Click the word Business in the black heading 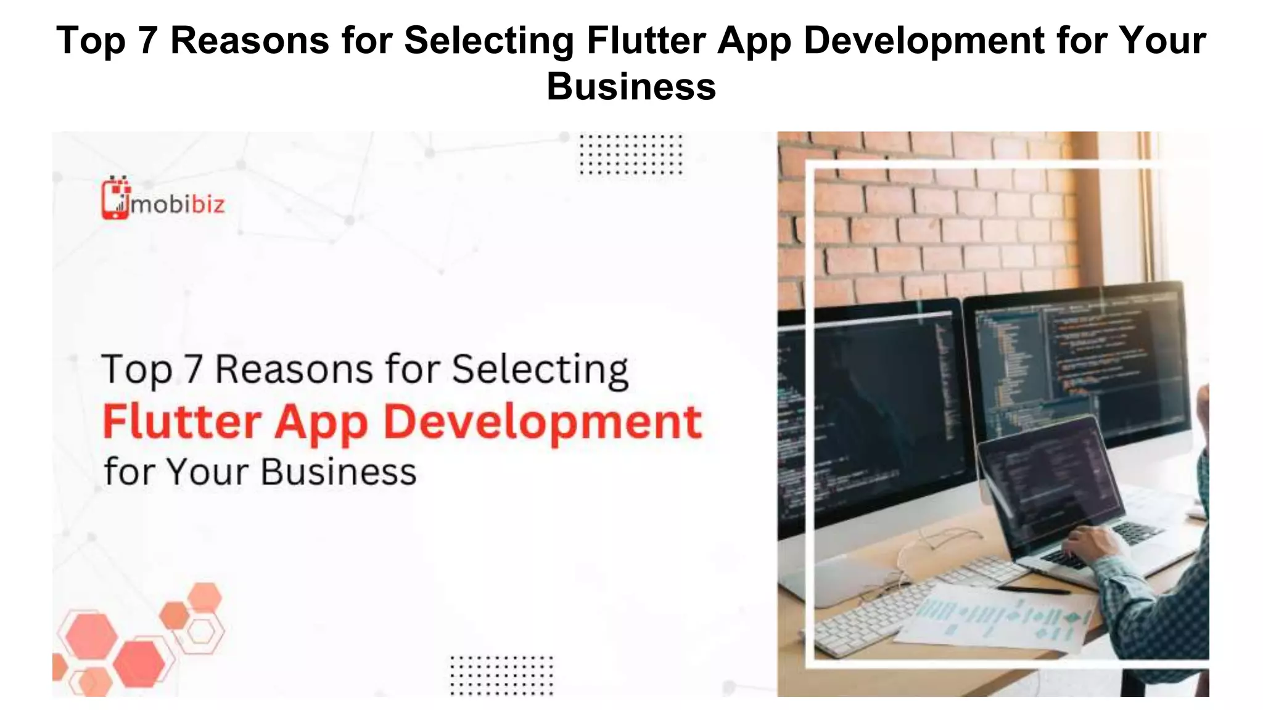coord(631,86)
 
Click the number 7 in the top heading coord(147,41)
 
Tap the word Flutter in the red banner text coord(182,422)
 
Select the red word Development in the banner coord(543,422)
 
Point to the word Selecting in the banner coord(540,370)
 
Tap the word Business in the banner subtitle coord(338,472)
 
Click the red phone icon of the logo coord(115,198)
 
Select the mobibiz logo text coord(178,204)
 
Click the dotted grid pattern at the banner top coord(630,154)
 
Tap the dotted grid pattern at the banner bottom coord(501,675)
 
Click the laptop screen coord(1048,481)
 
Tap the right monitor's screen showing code coord(1079,364)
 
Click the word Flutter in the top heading coord(646,41)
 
